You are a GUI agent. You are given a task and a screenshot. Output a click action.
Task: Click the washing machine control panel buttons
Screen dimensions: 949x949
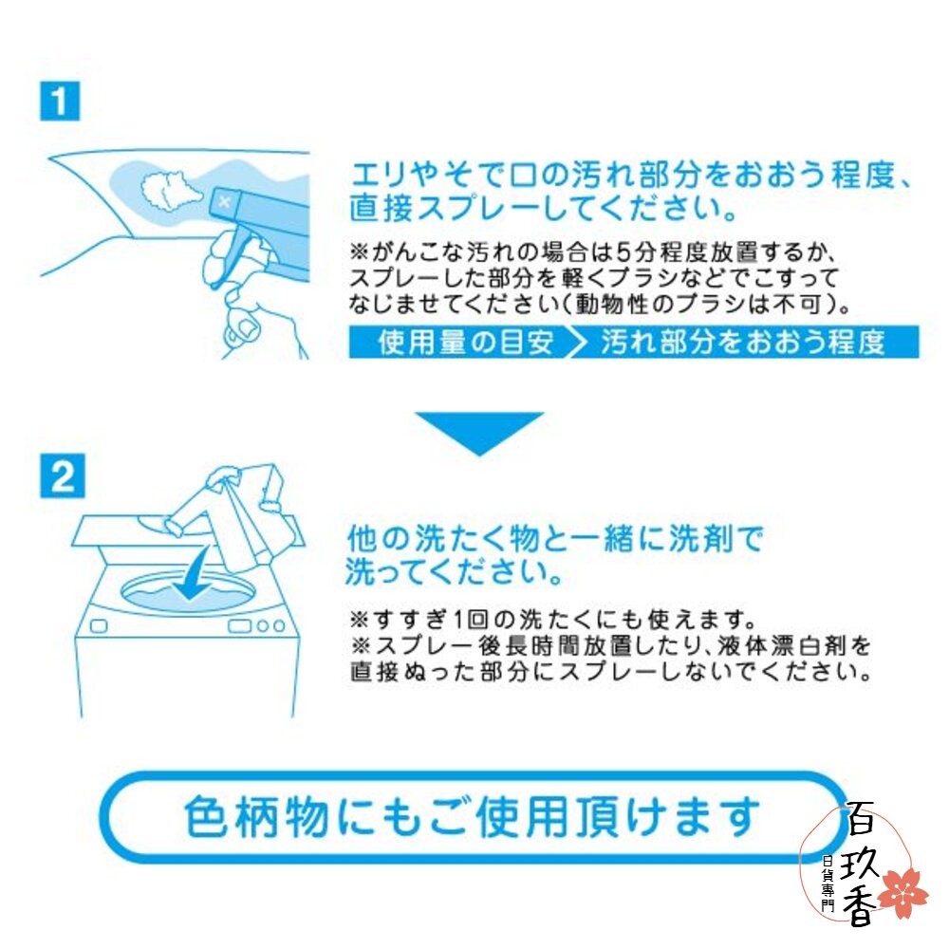[255, 625]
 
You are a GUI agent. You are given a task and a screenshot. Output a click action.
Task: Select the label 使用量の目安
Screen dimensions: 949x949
[465, 343]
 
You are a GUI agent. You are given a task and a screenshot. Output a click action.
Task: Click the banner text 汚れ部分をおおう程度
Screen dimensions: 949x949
[743, 343]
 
